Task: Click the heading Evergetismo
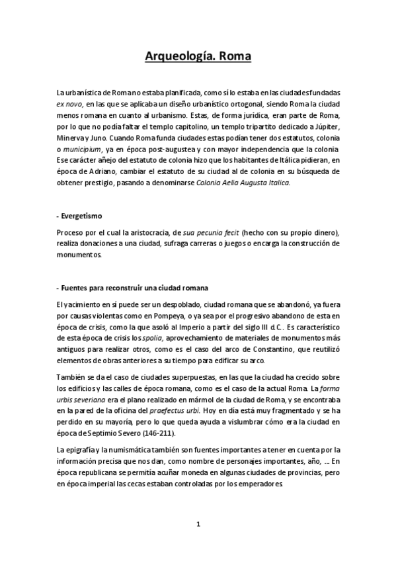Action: point(83,216)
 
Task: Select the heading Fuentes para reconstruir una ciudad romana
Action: point(136,288)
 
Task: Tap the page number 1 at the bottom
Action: point(198,525)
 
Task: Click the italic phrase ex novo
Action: point(70,104)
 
